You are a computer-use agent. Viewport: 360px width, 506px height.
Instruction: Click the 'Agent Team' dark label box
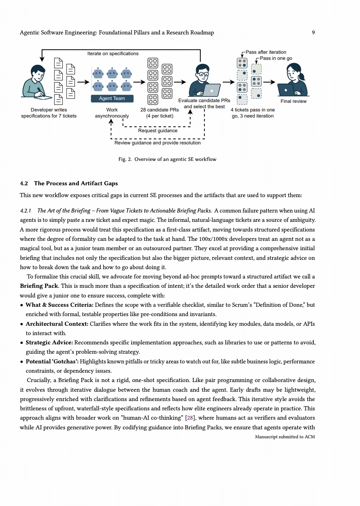tap(112, 99)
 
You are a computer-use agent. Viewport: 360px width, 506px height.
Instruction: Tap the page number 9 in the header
tap(313, 33)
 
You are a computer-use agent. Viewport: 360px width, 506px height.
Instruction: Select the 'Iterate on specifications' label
tap(113, 54)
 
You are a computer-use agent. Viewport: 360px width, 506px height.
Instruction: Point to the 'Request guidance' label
tap(158, 131)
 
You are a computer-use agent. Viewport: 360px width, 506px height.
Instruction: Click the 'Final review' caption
tap(293, 101)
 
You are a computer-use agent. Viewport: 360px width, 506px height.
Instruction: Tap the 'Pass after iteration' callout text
tap(266, 52)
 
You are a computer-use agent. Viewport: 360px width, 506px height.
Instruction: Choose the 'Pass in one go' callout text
tap(276, 58)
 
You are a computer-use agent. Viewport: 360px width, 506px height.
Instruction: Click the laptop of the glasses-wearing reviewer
tap(212, 90)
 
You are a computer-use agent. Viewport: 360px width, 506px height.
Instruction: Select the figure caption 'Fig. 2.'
tap(125, 159)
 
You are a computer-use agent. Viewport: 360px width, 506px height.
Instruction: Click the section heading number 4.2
tap(24, 183)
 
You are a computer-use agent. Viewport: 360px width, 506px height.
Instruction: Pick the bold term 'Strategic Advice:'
tap(49, 343)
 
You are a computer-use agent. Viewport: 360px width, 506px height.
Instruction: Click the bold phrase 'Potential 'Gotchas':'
tap(52, 362)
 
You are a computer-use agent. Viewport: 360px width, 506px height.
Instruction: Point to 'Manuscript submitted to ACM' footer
tap(285, 437)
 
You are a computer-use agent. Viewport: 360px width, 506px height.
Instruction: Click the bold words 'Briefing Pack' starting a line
tap(39, 286)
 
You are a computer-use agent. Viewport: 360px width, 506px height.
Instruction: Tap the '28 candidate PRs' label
tap(160, 110)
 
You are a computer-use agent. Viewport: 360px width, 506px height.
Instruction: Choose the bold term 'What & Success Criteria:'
tap(60, 305)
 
